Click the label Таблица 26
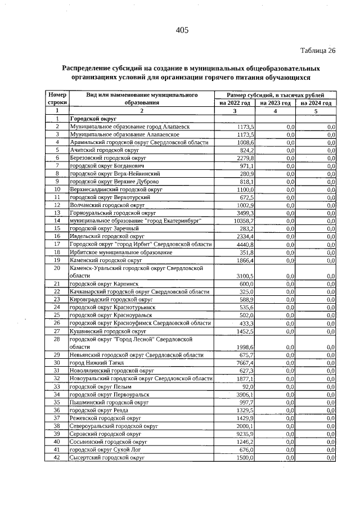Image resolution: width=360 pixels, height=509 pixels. (318, 51)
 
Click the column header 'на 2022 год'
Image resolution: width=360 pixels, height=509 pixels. (235, 103)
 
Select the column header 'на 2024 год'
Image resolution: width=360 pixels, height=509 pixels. (316, 103)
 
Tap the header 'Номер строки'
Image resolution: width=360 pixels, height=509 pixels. (57, 98)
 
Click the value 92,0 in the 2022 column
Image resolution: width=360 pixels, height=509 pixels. (247, 387)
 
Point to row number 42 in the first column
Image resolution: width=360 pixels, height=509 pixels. (56, 458)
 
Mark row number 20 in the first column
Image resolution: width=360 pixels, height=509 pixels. (56, 268)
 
